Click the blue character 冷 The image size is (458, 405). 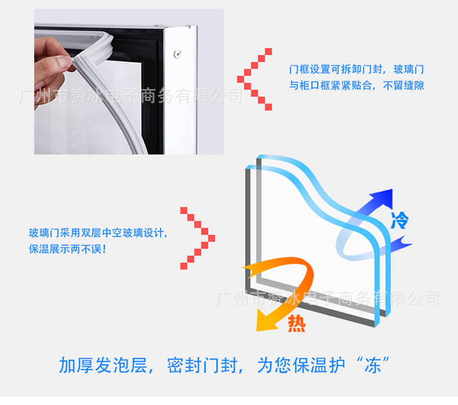coord(399,220)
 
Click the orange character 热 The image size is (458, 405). coord(296,323)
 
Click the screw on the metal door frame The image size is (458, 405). coord(177,54)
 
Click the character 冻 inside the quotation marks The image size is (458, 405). coord(373,365)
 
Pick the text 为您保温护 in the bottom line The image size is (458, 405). coord(301,365)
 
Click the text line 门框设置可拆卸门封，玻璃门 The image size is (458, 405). coord(357,69)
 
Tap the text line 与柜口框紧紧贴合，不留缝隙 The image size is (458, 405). coord(357,86)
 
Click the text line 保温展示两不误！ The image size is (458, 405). coord(67,249)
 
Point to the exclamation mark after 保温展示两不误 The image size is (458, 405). coord(104,249)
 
